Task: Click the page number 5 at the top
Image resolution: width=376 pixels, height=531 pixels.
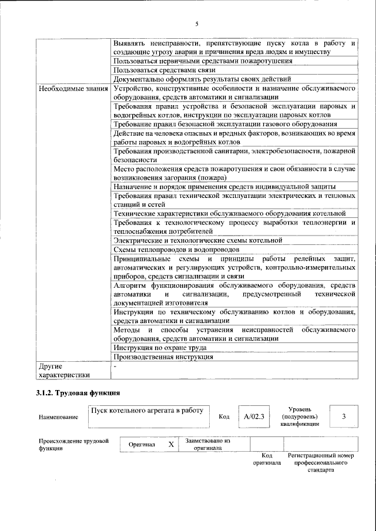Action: (x=197, y=23)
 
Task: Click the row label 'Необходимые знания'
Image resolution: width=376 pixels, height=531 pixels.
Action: (x=73, y=89)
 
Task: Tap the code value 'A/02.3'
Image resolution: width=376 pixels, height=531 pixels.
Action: (x=255, y=416)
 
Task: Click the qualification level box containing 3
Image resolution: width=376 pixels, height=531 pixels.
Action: (x=344, y=416)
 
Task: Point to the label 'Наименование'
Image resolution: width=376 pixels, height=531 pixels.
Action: (x=58, y=417)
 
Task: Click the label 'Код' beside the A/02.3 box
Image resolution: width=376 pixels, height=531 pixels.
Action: (x=224, y=417)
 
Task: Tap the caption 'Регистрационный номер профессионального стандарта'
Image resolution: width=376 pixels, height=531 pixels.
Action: (x=320, y=463)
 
